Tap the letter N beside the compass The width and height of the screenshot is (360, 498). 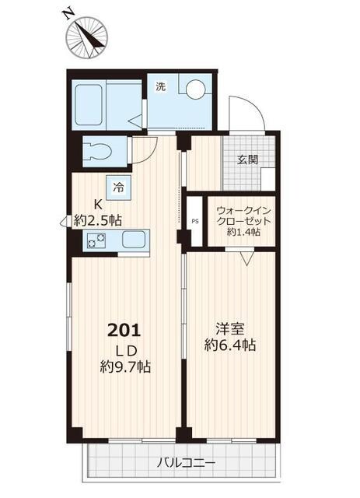(69, 13)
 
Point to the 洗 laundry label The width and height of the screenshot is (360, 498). (160, 86)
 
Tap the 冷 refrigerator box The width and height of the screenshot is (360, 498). (118, 186)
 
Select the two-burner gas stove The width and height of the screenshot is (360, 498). (96, 241)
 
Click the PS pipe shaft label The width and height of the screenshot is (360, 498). (194, 220)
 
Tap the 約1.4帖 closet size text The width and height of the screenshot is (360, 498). (243, 232)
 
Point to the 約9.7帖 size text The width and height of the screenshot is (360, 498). (125, 366)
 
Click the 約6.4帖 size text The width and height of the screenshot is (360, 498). (229, 345)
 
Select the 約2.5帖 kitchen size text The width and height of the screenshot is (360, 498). (98, 220)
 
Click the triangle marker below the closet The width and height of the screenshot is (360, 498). (246, 258)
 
